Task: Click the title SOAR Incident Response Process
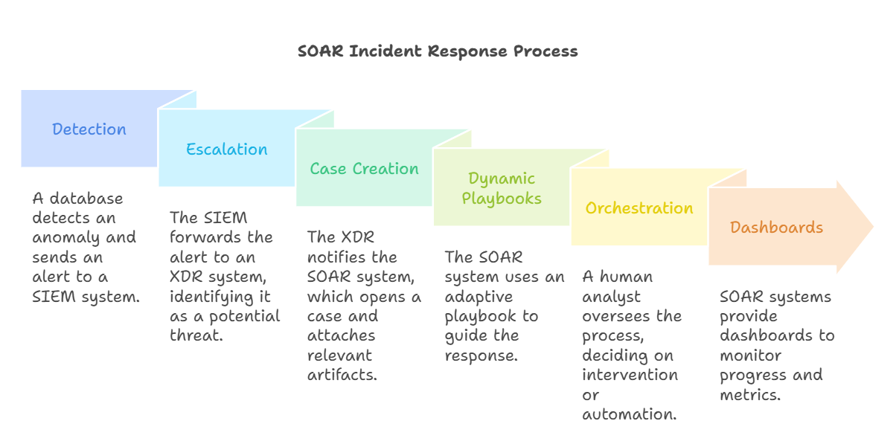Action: [x=438, y=51]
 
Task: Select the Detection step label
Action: [x=89, y=129]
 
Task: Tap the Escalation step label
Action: [x=227, y=149]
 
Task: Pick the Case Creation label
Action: [x=365, y=169]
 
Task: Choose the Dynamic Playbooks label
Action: [x=502, y=188]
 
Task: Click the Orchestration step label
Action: [x=639, y=208]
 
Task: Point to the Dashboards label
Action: [x=776, y=228]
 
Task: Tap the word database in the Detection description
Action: [x=87, y=199]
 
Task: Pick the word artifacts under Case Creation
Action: [x=342, y=375]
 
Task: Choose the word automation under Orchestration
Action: [x=630, y=414]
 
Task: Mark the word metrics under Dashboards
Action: [x=749, y=394]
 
